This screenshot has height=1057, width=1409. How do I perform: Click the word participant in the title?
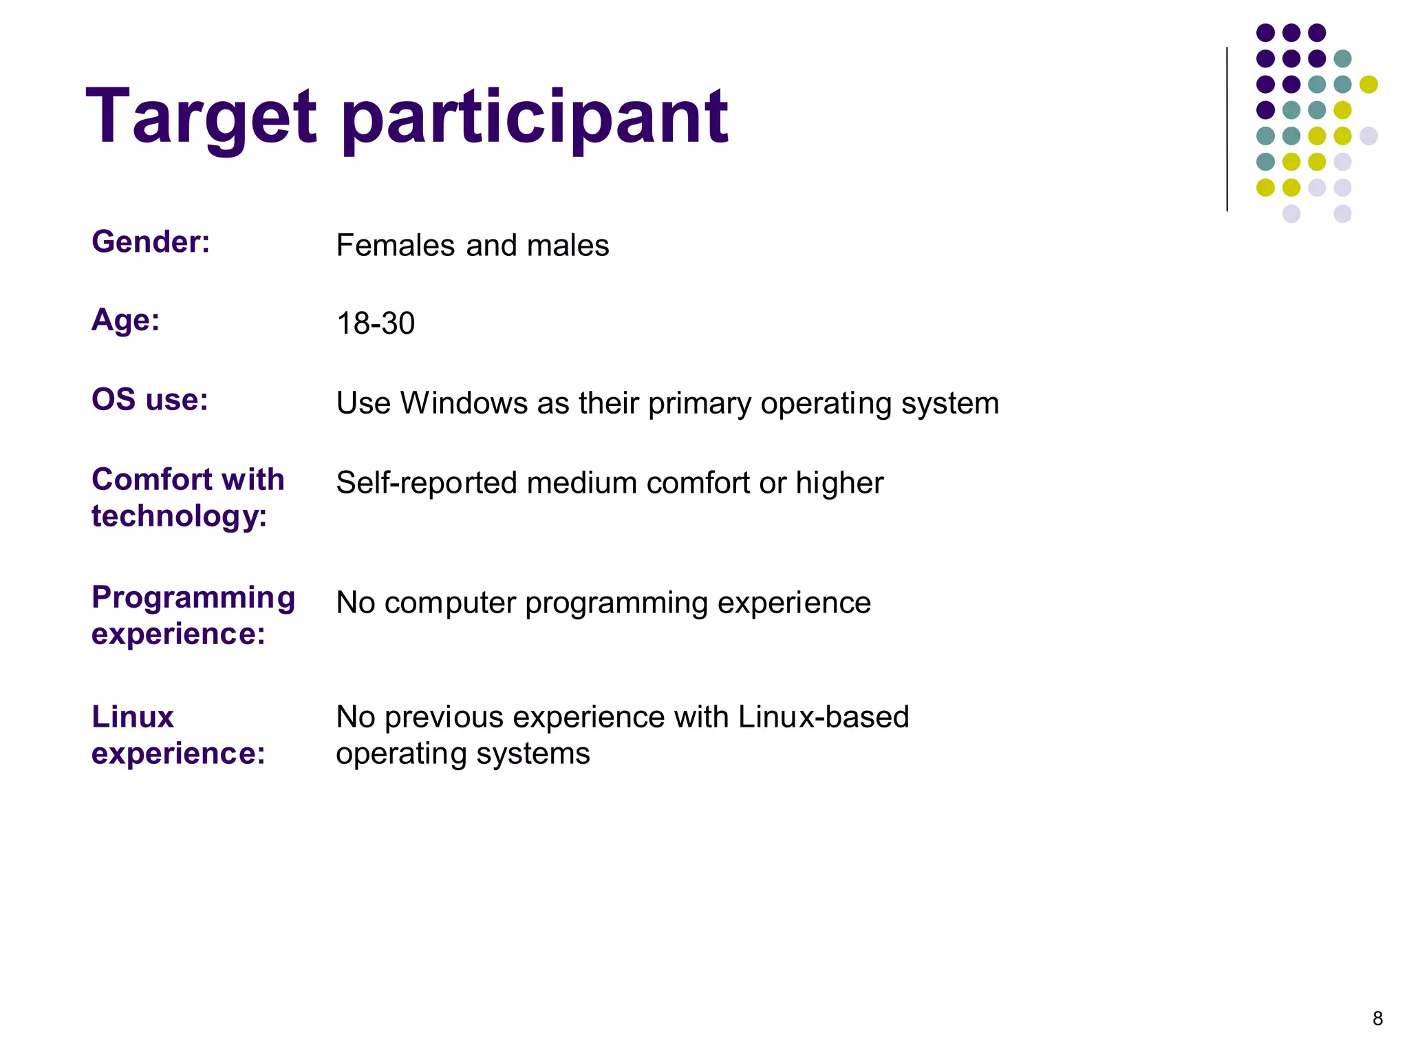(535, 118)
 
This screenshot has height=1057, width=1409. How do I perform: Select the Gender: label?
(151, 242)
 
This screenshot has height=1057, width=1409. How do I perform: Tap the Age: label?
(126, 320)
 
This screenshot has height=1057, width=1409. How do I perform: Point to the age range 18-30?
(376, 323)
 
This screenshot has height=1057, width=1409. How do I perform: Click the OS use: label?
(150, 400)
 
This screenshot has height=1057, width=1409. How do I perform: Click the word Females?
(396, 246)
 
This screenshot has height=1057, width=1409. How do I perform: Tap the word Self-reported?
(426, 483)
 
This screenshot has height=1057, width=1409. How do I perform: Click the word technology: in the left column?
(179, 516)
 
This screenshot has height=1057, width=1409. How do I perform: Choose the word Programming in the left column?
(193, 597)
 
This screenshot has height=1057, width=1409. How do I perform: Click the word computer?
(449, 604)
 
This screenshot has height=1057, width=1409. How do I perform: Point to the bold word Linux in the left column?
(133, 717)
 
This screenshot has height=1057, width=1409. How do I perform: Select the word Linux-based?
(824, 717)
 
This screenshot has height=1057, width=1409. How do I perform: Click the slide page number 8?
(1377, 1018)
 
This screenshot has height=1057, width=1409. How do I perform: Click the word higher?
(839, 483)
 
